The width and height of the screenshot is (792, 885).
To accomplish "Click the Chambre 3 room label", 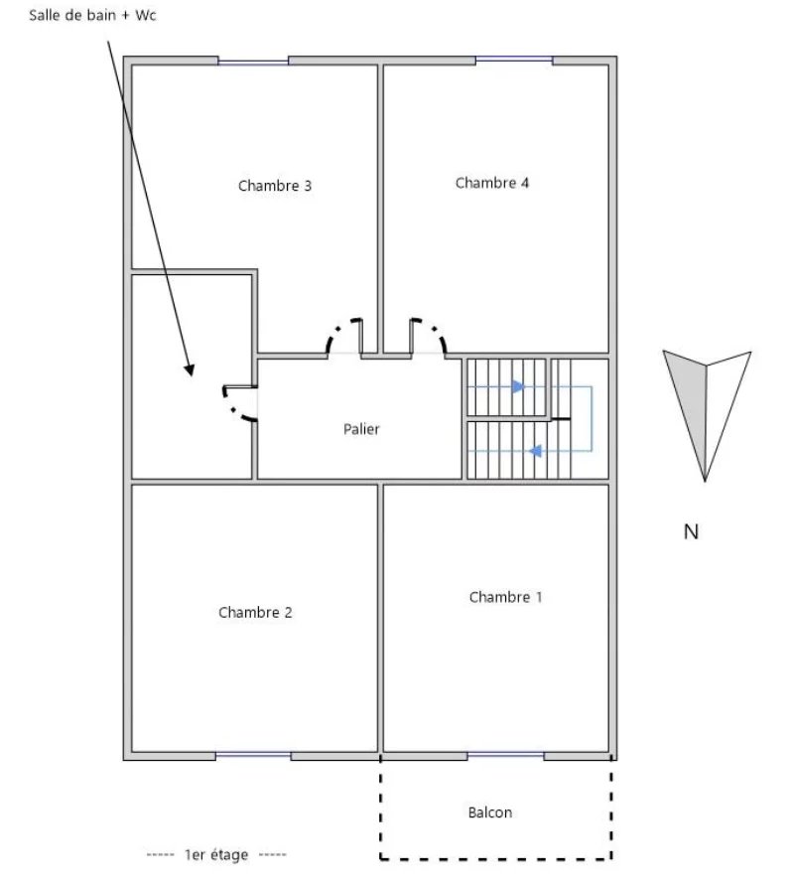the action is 275,186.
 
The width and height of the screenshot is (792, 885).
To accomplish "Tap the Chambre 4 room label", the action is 492,183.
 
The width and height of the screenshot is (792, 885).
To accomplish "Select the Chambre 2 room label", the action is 255,613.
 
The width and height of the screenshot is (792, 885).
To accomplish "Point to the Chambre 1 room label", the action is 505,597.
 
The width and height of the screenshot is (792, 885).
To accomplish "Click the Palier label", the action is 361,429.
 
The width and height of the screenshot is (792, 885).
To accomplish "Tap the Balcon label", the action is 490,812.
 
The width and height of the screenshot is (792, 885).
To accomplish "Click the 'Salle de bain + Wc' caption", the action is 92,15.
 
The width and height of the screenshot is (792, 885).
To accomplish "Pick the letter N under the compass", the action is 691,531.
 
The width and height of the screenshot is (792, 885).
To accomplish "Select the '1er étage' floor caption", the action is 216,854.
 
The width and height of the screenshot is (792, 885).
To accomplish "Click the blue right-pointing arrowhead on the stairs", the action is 518,386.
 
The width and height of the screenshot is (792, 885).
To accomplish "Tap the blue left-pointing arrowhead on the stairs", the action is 535,451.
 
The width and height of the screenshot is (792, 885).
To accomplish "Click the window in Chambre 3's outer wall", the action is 253,61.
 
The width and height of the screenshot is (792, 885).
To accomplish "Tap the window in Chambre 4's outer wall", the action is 514,60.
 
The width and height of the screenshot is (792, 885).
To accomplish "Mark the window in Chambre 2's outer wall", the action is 253,755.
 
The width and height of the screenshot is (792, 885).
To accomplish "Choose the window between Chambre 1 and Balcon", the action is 505,755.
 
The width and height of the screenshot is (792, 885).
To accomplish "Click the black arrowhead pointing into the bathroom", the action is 190,369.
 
